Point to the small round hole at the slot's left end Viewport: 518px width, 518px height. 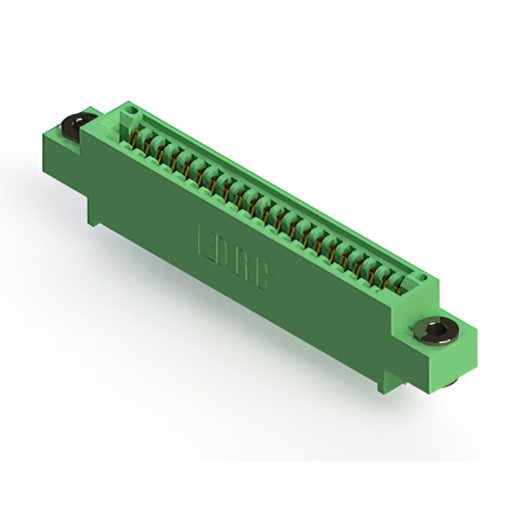click(x=134, y=109)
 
